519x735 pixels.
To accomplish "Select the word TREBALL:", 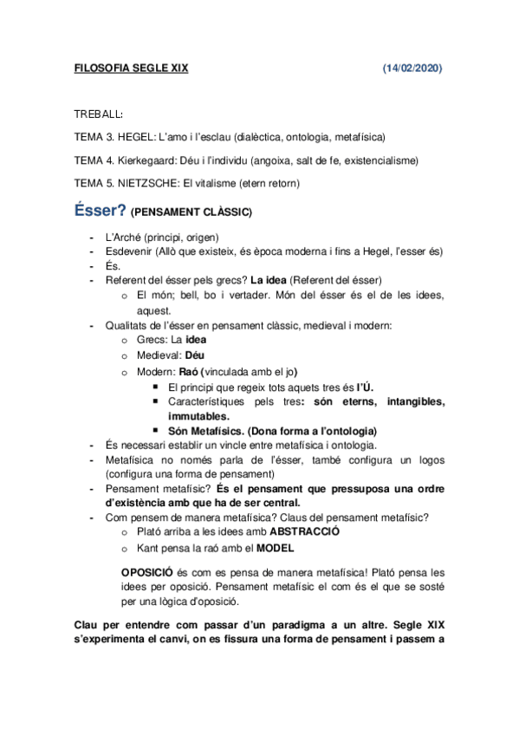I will pos(98,114).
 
